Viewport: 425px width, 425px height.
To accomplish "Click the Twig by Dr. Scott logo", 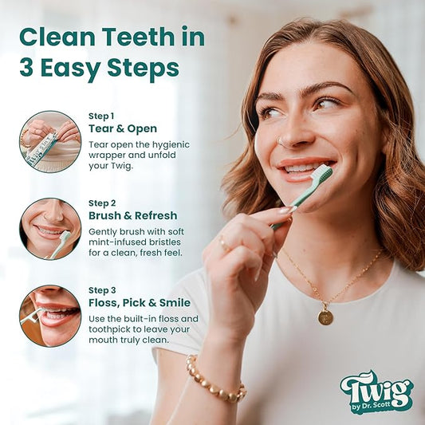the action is click(376, 392).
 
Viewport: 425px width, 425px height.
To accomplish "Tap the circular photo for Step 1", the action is click(50, 142).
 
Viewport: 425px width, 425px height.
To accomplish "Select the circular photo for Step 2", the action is click(50, 229).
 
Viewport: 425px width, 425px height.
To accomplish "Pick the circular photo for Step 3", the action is click(50, 316).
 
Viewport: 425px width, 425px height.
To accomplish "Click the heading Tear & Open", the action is click(123, 128).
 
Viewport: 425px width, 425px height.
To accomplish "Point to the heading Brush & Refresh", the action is click(133, 215).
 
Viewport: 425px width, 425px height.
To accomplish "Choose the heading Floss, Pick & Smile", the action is click(140, 303).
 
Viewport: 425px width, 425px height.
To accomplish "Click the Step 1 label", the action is click(101, 116).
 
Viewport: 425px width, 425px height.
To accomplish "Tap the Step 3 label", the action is click(102, 290).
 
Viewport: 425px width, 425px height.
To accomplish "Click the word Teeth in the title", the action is click(138, 37).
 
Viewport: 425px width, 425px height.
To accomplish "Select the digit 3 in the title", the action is click(26, 68).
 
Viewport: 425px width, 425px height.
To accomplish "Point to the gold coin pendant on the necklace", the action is click(325, 317).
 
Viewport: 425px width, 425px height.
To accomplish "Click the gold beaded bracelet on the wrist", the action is click(215, 380).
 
